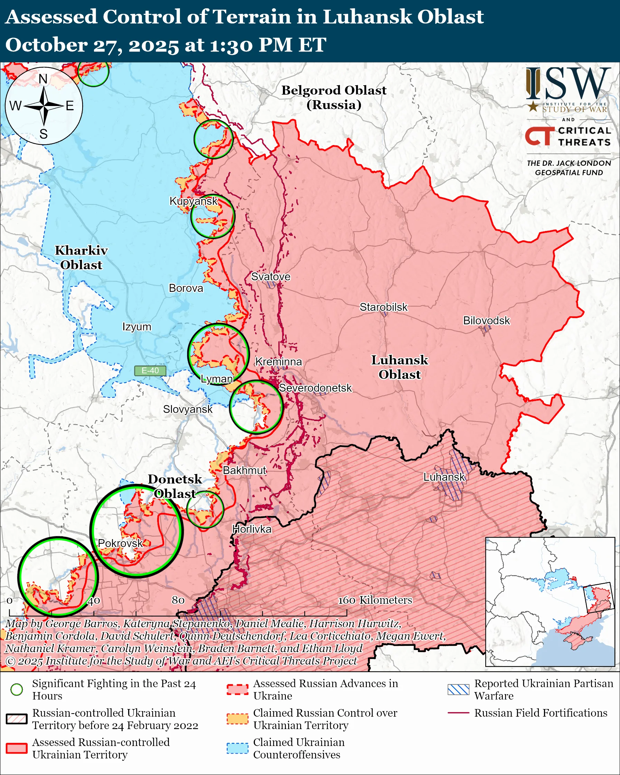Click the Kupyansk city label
pos(193,201)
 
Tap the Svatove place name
pos(270,276)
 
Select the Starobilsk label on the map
pos(383,307)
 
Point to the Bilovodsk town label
pos(486,320)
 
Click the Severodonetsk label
pos(315,388)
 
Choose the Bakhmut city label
pos(245,470)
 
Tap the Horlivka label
pos(251,529)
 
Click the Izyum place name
pos(136,327)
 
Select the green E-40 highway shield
pos(150,371)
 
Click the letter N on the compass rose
pos(43,79)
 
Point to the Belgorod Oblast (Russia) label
pos(334,97)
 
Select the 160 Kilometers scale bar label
pos(374,600)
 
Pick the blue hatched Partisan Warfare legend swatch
pos(458,689)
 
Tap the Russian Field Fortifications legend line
pos(458,712)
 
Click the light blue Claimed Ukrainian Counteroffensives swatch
pos(237,748)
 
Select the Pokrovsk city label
pos(121,543)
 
